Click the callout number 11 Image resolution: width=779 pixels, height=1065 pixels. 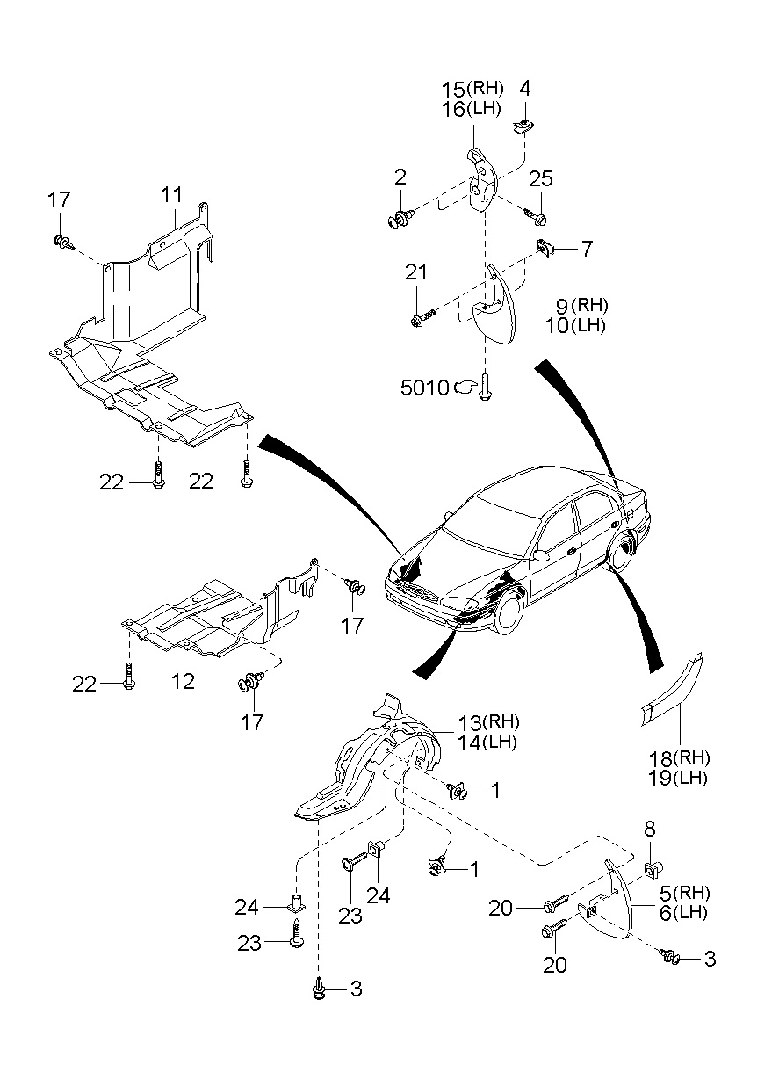tap(171, 194)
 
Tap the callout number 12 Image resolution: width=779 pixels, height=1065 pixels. tap(183, 681)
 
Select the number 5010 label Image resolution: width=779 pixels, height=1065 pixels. tap(424, 388)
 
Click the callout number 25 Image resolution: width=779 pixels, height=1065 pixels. tap(541, 178)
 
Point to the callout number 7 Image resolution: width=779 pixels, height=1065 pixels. tap(588, 248)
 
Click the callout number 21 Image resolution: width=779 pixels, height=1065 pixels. tap(416, 272)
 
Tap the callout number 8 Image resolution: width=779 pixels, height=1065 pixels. tap(649, 829)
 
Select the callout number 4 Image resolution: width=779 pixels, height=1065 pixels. tap(524, 89)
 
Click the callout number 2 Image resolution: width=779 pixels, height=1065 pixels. tap(400, 177)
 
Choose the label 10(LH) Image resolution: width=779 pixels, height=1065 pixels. tap(575, 326)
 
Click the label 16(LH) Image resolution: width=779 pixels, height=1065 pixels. tap(471, 109)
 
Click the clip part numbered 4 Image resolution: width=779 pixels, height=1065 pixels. tap(522, 126)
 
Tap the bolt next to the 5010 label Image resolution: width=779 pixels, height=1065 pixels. tap(485, 386)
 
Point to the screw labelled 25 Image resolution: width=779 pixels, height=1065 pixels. tap(536, 216)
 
